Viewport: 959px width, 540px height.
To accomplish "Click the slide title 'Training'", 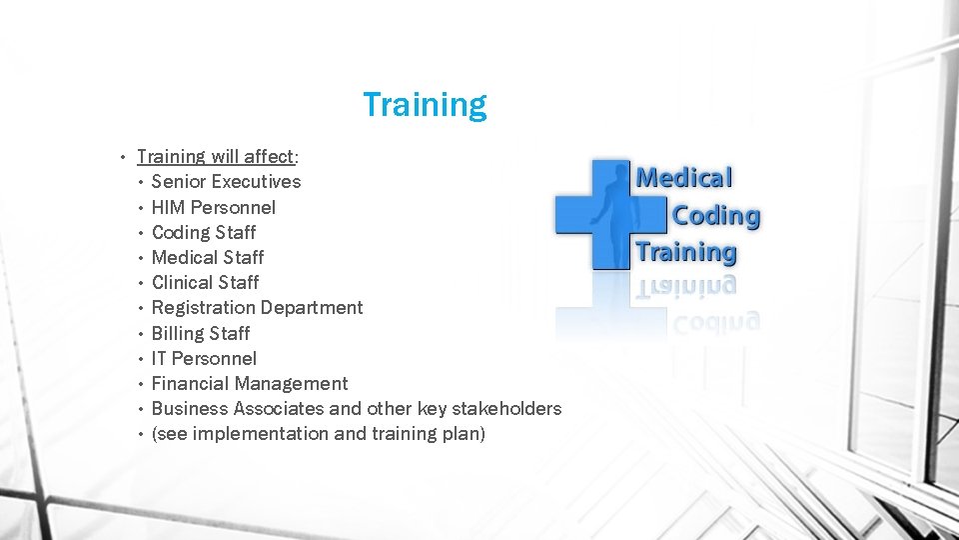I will [425, 105].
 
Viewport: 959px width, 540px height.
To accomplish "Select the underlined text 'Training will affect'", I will [216, 157].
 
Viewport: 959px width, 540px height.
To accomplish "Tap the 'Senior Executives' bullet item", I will [226, 182].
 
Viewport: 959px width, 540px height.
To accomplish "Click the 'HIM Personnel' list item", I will [213, 208].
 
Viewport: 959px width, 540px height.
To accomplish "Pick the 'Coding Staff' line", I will [204, 233].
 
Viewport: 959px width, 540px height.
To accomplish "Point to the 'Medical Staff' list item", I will [208, 258].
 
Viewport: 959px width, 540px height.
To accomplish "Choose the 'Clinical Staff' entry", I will [205, 283].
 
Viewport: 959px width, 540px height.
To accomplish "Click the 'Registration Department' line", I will [257, 308].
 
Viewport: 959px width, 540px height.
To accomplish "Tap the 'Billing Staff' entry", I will [200, 333].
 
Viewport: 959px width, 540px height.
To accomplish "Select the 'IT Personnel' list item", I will [204, 358].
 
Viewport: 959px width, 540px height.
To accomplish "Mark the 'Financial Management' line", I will [250, 384].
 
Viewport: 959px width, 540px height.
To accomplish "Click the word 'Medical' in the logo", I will [684, 178].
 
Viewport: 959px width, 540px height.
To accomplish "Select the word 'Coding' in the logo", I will [715, 215].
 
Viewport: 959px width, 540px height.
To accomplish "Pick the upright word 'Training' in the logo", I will [686, 252].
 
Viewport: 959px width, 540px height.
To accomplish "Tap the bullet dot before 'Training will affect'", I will [121, 157].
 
